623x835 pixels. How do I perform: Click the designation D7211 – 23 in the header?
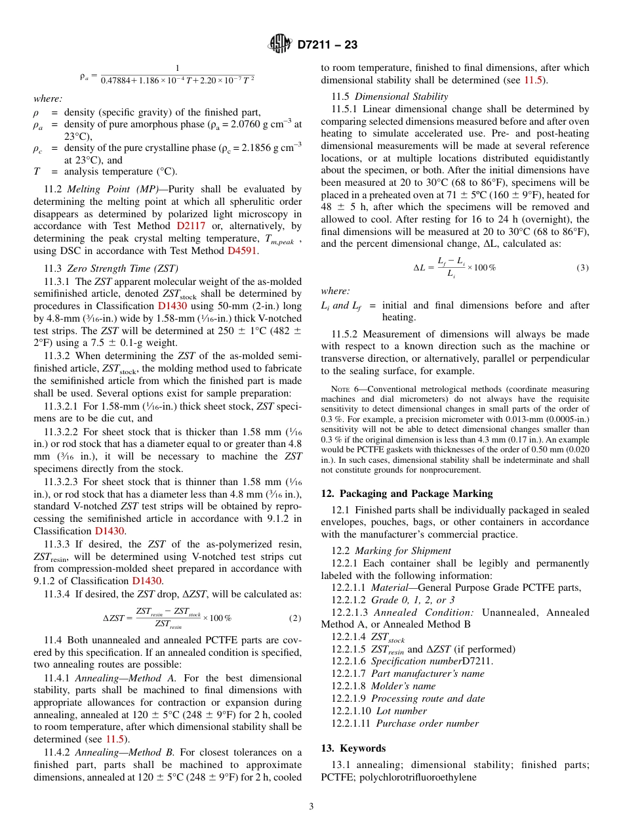pyautogui.click(x=327, y=45)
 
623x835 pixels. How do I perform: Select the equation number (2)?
pyautogui.click(x=295, y=618)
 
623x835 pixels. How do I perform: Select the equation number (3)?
pyautogui.click(x=582, y=268)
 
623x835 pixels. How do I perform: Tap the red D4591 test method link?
pyautogui.click(x=243, y=250)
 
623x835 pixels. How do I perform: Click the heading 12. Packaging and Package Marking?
pyautogui.click(x=407, y=494)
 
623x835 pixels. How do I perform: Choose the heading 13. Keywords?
pyautogui.click(x=353, y=748)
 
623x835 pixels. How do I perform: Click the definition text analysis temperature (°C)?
pyautogui.click(x=121, y=172)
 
